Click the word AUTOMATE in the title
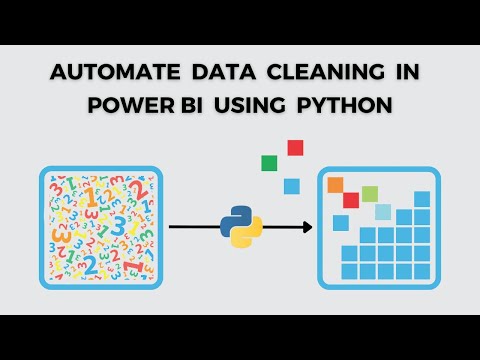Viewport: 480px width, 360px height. [107, 74]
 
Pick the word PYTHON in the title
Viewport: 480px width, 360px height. [344, 105]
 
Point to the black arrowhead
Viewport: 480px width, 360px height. [304, 227]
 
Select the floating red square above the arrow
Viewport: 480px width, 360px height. [295, 148]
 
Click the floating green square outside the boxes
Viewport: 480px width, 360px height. [268, 163]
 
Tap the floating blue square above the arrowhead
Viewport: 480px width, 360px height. [291, 185]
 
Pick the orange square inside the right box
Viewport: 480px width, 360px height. [336, 184]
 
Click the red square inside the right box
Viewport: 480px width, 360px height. [351, 199]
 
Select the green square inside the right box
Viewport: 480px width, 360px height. [369, 192]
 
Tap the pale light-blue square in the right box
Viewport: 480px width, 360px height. [383, 211]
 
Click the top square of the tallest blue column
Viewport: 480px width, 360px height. [423, 200]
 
